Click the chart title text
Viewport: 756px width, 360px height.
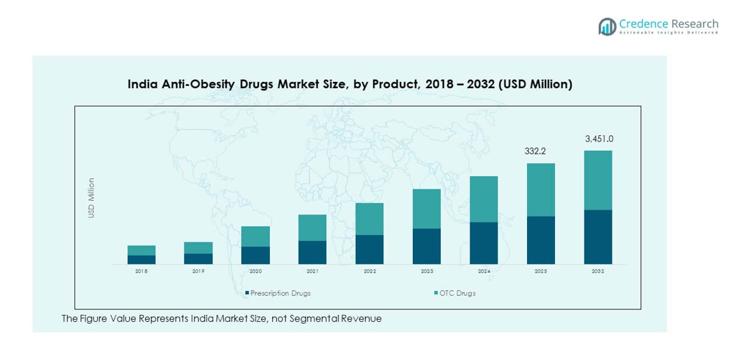350,85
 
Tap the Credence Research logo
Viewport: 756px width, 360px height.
658,26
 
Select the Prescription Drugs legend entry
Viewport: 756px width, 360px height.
278,293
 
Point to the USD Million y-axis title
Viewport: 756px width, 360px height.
92,198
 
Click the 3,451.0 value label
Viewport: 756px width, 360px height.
599,139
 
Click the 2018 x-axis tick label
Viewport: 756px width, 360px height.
141,272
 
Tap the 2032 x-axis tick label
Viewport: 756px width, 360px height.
598,272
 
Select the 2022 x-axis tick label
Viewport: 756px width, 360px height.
370,272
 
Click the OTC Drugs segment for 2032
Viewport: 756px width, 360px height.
598,180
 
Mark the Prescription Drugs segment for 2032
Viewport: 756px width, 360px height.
598,236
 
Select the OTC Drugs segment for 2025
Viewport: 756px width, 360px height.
541,189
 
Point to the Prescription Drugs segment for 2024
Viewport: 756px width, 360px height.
484,243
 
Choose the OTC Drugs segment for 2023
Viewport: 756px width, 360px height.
427,208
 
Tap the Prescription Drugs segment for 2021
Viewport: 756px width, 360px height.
312,252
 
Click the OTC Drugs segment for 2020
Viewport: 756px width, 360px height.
256,236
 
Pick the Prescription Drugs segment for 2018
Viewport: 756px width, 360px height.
141,260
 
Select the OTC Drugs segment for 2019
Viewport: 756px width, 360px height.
198,247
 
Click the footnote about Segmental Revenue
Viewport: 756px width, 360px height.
221,319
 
